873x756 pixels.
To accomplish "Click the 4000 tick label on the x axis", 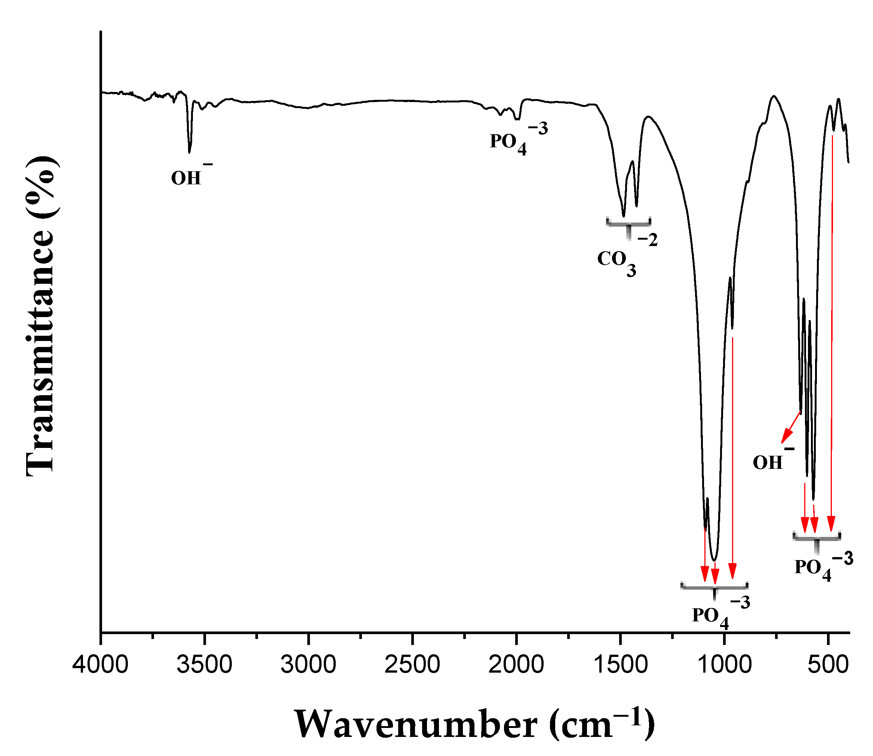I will point(101,665).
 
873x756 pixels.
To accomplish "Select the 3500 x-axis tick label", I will point(204,665).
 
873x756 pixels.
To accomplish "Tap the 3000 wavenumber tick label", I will point(308,665).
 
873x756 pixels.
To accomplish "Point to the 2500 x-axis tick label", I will point(412,665).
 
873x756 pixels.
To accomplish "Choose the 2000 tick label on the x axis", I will point(516,665).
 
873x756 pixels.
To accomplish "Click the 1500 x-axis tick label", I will point(620,665).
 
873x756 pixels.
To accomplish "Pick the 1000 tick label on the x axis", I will point(724,665).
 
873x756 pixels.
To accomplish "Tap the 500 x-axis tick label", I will point(828,665).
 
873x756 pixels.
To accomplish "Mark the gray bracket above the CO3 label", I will point(629,224).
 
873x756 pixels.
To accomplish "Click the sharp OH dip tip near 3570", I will point(190,152).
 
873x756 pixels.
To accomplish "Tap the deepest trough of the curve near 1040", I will point(714,560).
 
